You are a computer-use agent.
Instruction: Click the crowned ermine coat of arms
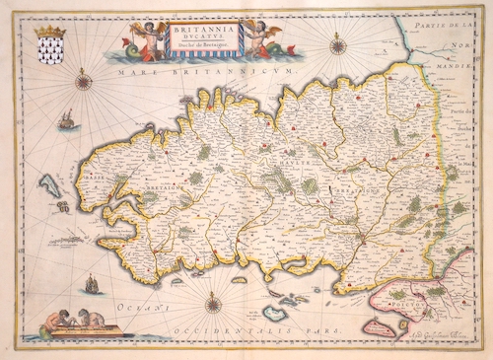(48, 46)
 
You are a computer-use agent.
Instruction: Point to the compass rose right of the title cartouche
(338, 44)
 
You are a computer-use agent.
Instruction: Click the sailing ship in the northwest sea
(66, 120)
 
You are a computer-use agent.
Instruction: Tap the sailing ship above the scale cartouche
(92, 284)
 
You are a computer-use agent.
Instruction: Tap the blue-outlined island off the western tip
(47, 183)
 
